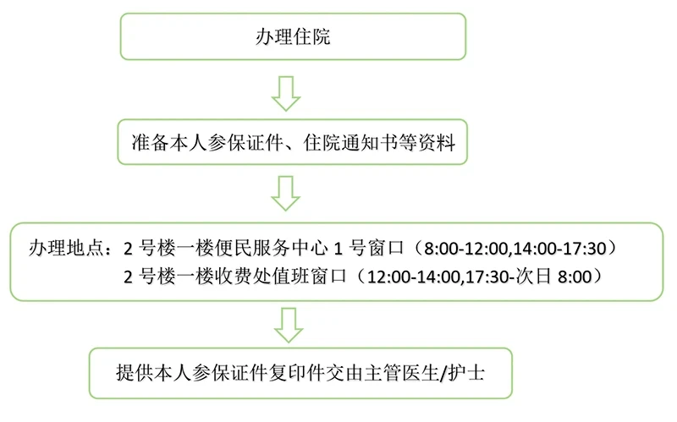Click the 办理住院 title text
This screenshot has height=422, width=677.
coord(293,36)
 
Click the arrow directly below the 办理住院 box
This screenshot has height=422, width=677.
coord(286,94)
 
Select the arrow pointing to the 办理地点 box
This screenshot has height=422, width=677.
coord(286,194)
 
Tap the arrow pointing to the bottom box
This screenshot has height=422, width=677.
coord(289,326)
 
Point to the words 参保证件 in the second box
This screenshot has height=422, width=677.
coord(245,143)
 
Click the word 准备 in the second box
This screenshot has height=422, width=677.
coord(151,143)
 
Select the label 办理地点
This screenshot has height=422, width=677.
coord(67,249)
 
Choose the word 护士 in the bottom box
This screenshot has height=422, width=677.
coord(466,373)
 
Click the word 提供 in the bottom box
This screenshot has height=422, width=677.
coord(135,373)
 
